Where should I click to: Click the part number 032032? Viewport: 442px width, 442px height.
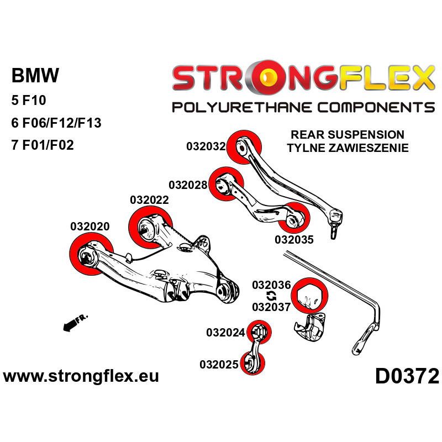[206, 146]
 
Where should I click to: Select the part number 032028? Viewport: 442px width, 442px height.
[188, 185]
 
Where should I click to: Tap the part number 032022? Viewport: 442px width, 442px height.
[149, 200]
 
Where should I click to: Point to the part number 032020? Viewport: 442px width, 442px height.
[90, 227]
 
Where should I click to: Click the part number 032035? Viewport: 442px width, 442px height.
[294, 240]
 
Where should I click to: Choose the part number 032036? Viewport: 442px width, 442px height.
[271, 285]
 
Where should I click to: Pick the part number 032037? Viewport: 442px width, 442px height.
[271, 307]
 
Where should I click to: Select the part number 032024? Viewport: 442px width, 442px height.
[225, 333]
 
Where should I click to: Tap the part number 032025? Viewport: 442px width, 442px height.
[219, 364]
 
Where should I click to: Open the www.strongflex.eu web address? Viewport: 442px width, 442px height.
[81, 377]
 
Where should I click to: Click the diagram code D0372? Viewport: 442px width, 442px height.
[407, 377]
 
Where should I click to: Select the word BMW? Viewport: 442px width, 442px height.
[35, 76]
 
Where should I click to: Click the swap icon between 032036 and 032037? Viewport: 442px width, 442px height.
[271, 296]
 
